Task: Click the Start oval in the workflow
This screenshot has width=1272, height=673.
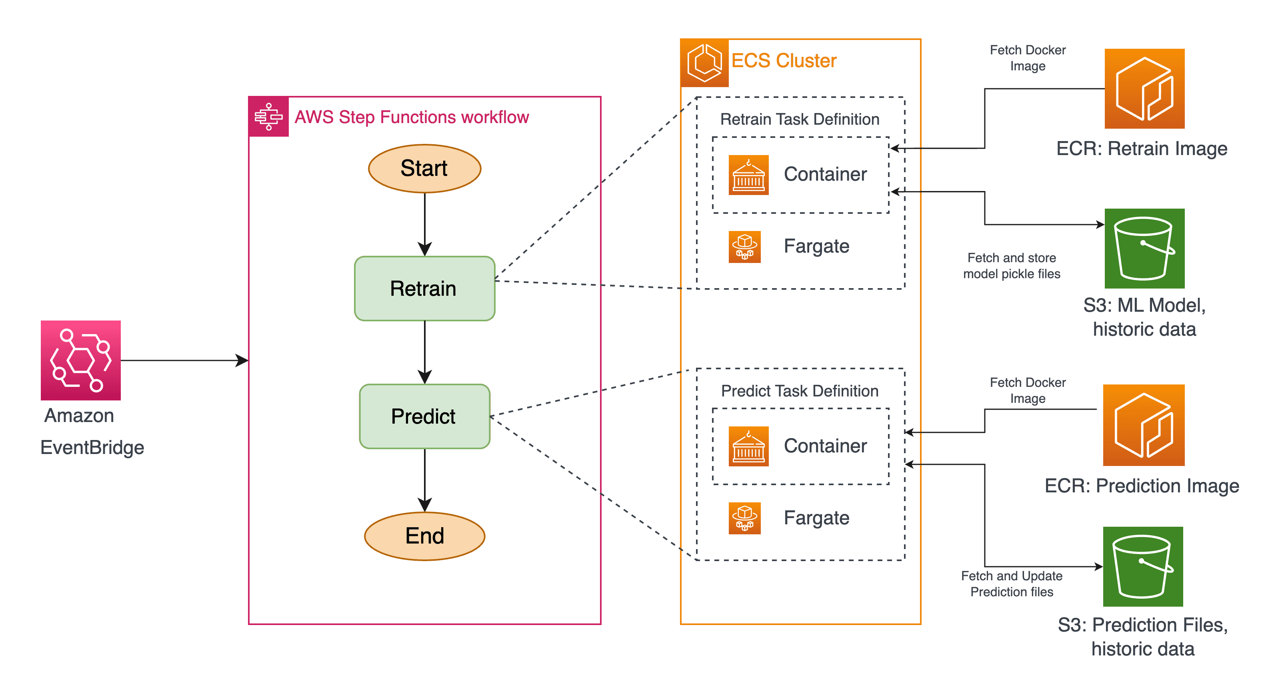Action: tap(424, 168)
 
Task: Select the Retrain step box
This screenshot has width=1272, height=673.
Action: tap(424, 289)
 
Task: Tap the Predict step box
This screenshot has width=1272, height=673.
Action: tap(424, 416)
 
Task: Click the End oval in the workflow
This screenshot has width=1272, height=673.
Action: tap(424, 536)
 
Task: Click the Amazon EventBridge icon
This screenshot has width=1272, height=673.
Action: tap(80, 360)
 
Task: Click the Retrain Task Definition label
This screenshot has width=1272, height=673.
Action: tap(800, 119)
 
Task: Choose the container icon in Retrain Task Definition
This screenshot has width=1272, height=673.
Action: tap(748, 175)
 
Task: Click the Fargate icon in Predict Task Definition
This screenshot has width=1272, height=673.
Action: tap(745, 518)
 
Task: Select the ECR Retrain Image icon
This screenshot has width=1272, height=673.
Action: tap(1144, 89)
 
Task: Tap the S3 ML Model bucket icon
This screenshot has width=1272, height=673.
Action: tap(1144, 249)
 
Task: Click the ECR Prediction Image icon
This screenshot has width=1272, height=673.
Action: tap(1144, 425)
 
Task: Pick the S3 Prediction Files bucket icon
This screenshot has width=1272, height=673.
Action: tap(1143, 566)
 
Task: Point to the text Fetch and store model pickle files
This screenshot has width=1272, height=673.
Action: tap(1011, 265)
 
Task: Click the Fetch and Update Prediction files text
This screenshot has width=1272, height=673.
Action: tap(1011, 584)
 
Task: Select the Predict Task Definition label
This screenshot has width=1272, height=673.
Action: tap(800, 391)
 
